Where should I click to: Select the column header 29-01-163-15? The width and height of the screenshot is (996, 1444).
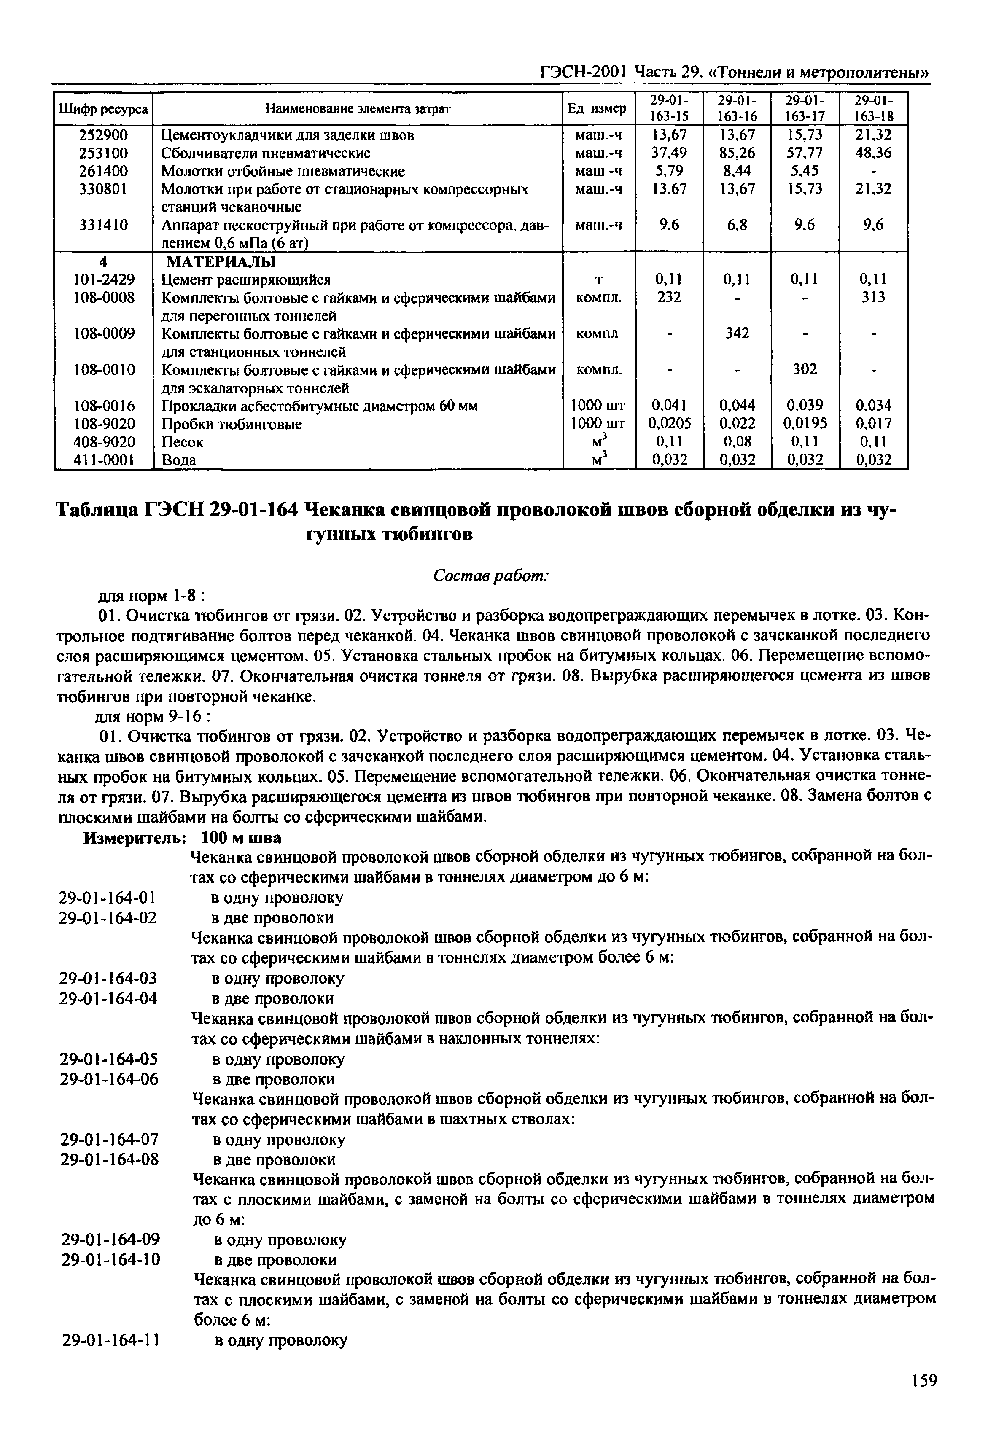click(x=669, y=109)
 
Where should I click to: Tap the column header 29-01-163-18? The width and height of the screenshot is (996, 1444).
click(x=873, y=109)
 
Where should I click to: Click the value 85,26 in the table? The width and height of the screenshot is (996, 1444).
click(x=736, y=153)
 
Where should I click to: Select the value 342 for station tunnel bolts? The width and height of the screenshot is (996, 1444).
click(x=737, y=333)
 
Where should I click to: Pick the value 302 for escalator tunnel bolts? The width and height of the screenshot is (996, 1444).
click(x=805, y=369)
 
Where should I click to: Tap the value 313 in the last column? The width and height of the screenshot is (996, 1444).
click(x=873, y=298)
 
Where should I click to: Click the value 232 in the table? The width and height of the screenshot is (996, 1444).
click(x=669, y=298)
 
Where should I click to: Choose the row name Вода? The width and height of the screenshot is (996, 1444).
click(x=179, y=460)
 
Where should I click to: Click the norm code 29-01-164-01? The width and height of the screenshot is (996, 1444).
click(x=108, y=898)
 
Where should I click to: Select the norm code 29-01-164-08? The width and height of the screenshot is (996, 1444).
click(x=109, y=1160)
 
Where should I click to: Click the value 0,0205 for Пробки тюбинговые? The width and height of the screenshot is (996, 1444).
click(x=669, y=424)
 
